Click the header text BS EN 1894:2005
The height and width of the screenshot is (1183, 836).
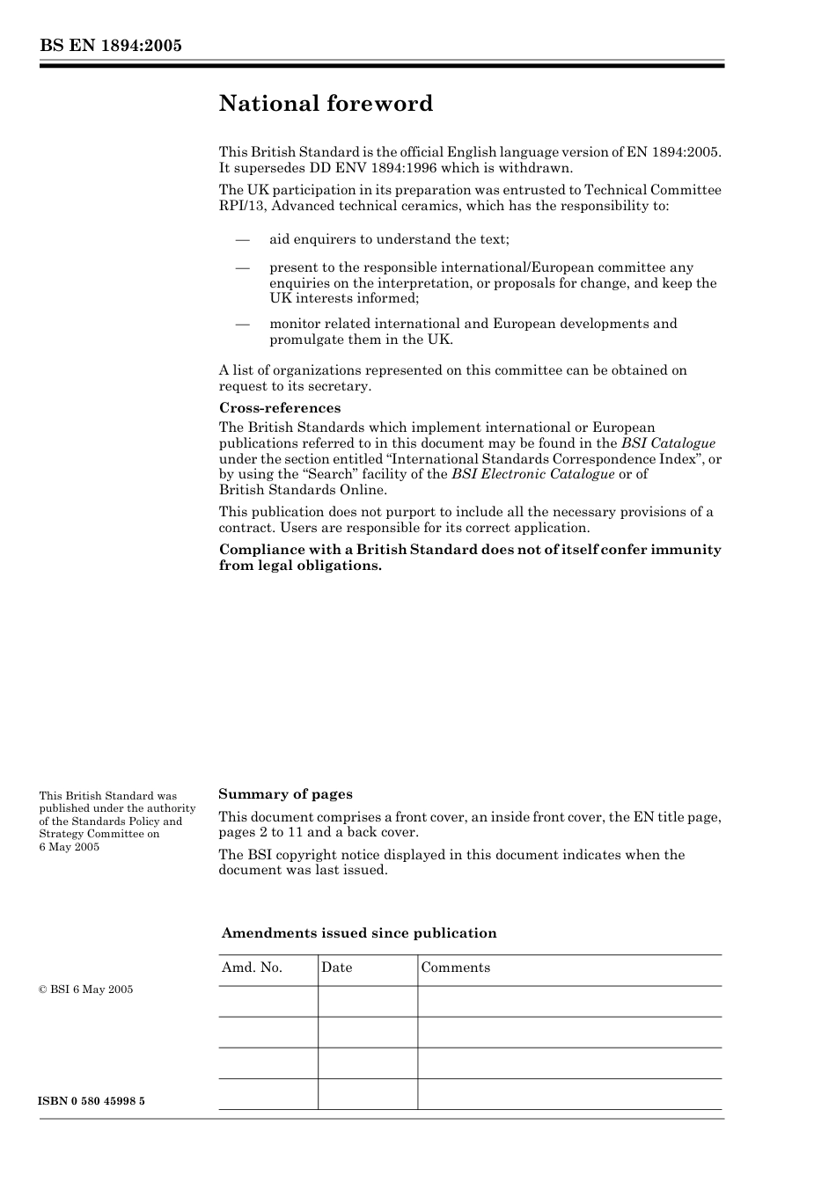[x=110, y=46]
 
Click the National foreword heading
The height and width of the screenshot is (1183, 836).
[x=326, y=104]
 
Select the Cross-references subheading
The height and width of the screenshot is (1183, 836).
[x=279, y=408]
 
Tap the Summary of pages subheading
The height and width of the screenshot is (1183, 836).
[x=285, y=794]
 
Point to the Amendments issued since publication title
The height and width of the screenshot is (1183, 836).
[x=358, y=933]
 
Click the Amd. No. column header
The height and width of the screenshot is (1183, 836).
[x=252, y=968]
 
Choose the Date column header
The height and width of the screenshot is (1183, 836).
[x=336, y=968]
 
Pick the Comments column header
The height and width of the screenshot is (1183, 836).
[x=455, y=968]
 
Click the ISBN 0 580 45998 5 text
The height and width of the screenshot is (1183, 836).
[x=92, y=1101]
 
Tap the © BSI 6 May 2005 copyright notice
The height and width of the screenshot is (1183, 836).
[x=85, y=989]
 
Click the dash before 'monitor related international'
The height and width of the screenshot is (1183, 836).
[x=242, y=324]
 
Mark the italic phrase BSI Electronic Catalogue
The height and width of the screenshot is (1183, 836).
[x=532, y=474]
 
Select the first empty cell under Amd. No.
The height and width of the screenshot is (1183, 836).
[x=268, y=1001]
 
